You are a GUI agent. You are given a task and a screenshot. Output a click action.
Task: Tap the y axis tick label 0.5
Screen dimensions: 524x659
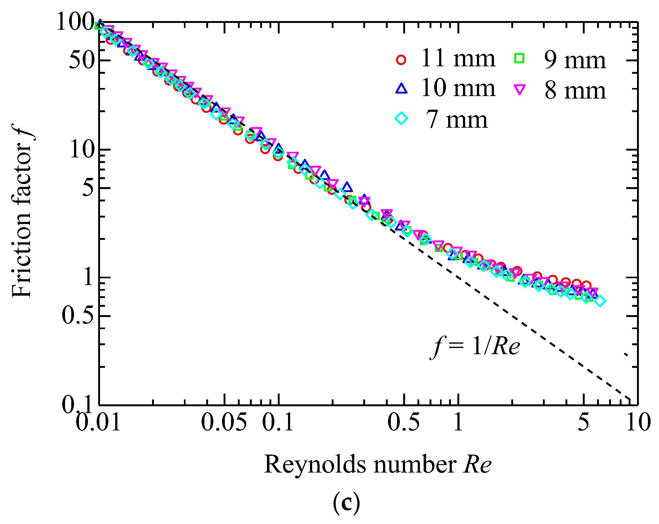pos(78,316)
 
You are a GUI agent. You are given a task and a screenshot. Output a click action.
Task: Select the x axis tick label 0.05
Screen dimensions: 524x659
pos(224,422)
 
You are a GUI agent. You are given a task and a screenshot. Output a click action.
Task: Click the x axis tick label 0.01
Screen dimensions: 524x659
pos(98,422)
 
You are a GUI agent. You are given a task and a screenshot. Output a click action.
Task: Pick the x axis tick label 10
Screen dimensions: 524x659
pos(638,422)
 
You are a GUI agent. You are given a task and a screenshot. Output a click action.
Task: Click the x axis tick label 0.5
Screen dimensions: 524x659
pos(404,422)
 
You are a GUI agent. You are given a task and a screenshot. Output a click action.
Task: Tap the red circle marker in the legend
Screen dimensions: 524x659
pos(401,59)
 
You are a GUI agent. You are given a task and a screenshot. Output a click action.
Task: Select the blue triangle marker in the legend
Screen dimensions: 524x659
pos(401,89)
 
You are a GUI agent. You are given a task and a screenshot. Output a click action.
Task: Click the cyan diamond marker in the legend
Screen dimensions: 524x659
pos(401,118)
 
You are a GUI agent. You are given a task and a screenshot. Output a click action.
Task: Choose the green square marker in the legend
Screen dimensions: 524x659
pos(519,59)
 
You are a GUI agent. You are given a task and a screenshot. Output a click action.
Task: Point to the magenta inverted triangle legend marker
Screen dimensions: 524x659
pos(519,90)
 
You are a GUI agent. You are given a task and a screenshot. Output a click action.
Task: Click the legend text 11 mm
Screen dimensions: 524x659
pos(458,58)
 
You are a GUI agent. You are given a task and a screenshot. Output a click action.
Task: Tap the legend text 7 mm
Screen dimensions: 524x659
pos(456,120)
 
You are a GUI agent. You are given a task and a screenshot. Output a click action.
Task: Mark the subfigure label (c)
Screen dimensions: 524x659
pos(347,503)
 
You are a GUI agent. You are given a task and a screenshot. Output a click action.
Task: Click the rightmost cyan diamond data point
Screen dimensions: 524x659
pos(600,301)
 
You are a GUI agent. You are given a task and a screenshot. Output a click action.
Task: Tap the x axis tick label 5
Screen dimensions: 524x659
pos(583,422)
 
